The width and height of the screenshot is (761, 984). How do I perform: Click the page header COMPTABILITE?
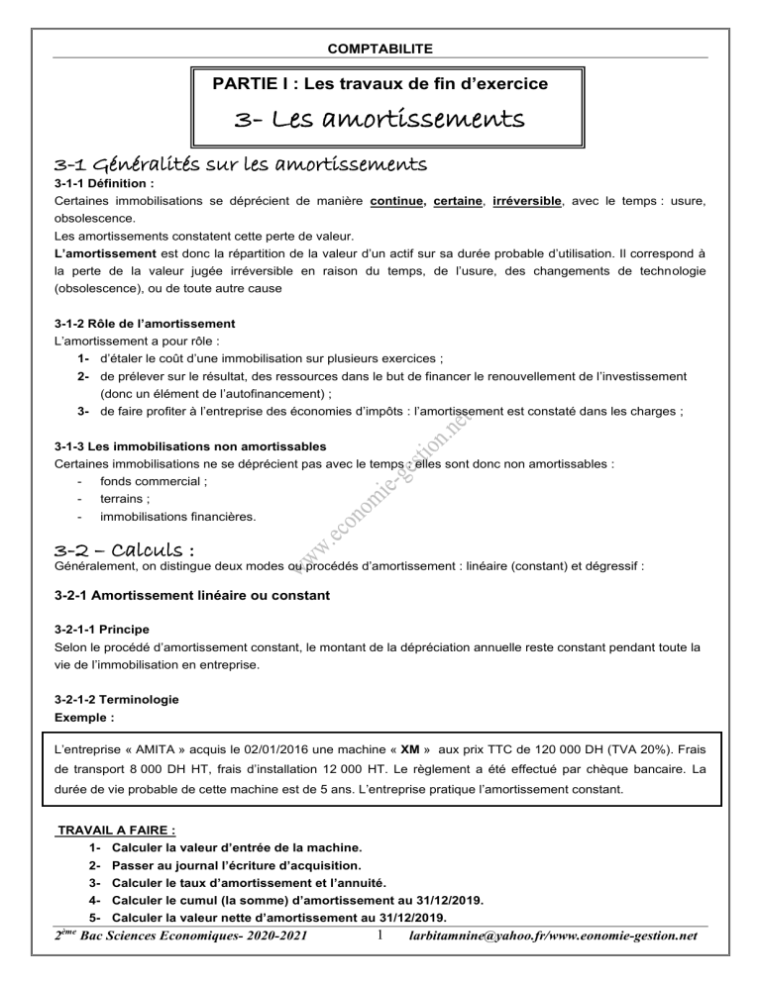coord(380,47)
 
